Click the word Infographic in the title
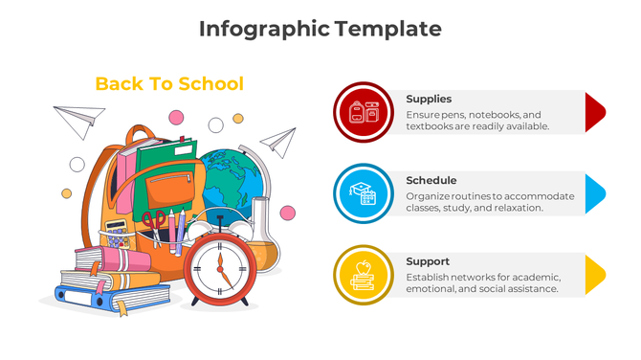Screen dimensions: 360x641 [x=263, y=29]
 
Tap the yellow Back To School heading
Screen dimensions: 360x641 [x=169, y=84]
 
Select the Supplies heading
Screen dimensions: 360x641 [x=429, y=99]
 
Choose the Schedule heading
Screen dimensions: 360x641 [x=431, y=180]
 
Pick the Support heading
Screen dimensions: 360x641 [x=428, y=261]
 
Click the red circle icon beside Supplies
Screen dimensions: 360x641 [x=364, y=112]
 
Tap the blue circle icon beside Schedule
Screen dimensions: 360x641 [x=364, y=194]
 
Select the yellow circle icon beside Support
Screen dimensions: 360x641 [x=364, y=276]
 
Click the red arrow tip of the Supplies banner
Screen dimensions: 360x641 [x=594, y=112]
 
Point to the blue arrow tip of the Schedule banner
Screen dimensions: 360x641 [x=594, y=193]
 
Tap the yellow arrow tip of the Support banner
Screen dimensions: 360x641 [x=594, y=275]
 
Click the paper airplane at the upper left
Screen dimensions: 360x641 [x=78, y=122]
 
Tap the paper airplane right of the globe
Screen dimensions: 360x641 [x=278, y=142]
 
